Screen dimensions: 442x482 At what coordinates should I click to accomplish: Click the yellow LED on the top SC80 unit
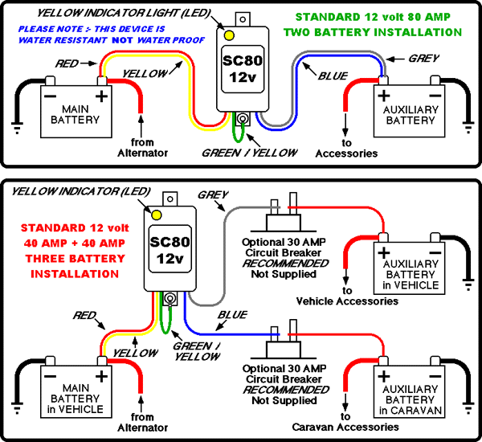point(229,36)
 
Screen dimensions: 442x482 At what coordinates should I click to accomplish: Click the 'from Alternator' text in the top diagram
point(142,145)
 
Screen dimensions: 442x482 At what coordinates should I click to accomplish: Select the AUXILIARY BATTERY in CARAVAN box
point(410,395)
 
